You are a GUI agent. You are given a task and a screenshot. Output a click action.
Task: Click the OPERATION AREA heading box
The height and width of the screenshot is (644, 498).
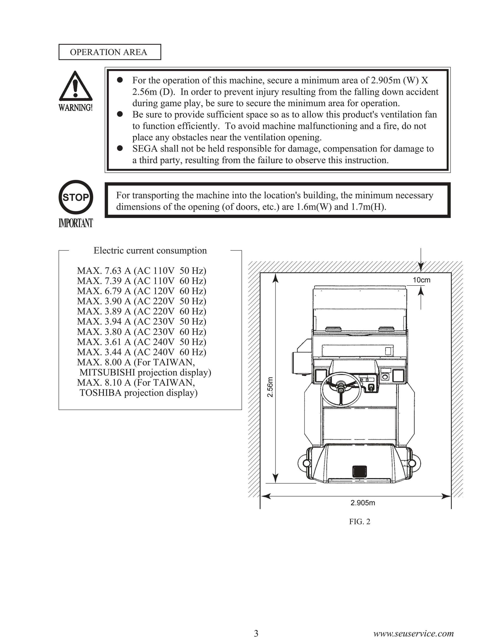pyautogui.click(x=110, y=52)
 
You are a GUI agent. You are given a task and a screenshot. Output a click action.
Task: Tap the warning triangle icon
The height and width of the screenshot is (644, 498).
pyautogui.click(x=76, y=86)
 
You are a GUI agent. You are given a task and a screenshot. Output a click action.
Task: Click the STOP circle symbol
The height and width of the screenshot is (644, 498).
pyautogui.click(x=76, y=197)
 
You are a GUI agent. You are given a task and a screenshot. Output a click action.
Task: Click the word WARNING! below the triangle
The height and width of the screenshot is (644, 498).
pyautogui.click(x=76, y=107)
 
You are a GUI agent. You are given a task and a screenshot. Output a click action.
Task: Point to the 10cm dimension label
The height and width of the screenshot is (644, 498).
pyautogui.click(x=421, y=280)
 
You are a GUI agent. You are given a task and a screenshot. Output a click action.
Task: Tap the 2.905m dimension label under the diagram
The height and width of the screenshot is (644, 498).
pyautogui.click(x=363, y=503)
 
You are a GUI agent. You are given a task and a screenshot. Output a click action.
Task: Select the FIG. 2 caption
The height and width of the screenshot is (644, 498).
pyautogui.click(x=359, y=521)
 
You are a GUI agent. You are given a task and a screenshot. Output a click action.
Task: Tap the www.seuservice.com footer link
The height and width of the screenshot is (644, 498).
pyautogui.click(x=413, y=633)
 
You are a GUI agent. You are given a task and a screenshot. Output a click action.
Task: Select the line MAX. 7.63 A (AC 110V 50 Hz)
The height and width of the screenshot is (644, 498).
pyautogui.click(x=142, y=270)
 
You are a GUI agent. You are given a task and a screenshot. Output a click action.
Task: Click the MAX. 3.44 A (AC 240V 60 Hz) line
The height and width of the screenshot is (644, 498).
pyautogui.click(x=142, y=352)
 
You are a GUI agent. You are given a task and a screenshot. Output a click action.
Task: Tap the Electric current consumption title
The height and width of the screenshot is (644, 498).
pyautogui.click(x=150, y=250)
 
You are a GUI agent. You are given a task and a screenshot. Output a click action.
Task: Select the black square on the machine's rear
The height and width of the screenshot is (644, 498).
pyautogui.click(x=360, y=471)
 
